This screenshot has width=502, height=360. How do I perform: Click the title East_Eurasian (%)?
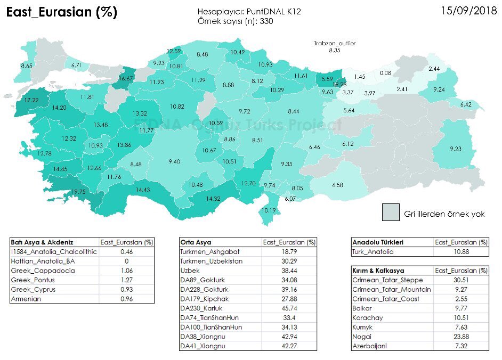[61, 12]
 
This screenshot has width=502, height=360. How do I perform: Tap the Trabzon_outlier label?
[334, 43]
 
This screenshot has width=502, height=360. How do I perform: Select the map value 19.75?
[79, 192]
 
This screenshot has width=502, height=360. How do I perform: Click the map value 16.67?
[126, 78]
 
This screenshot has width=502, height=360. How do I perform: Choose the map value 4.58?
[337, 185]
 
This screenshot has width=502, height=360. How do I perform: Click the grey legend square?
[391, 212]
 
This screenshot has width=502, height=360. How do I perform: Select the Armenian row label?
[27, 299]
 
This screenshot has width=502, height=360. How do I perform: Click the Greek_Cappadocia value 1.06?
[126, 270]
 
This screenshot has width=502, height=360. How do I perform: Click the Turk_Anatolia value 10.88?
[461, 251]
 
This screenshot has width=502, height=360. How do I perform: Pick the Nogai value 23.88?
[461, 337]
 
